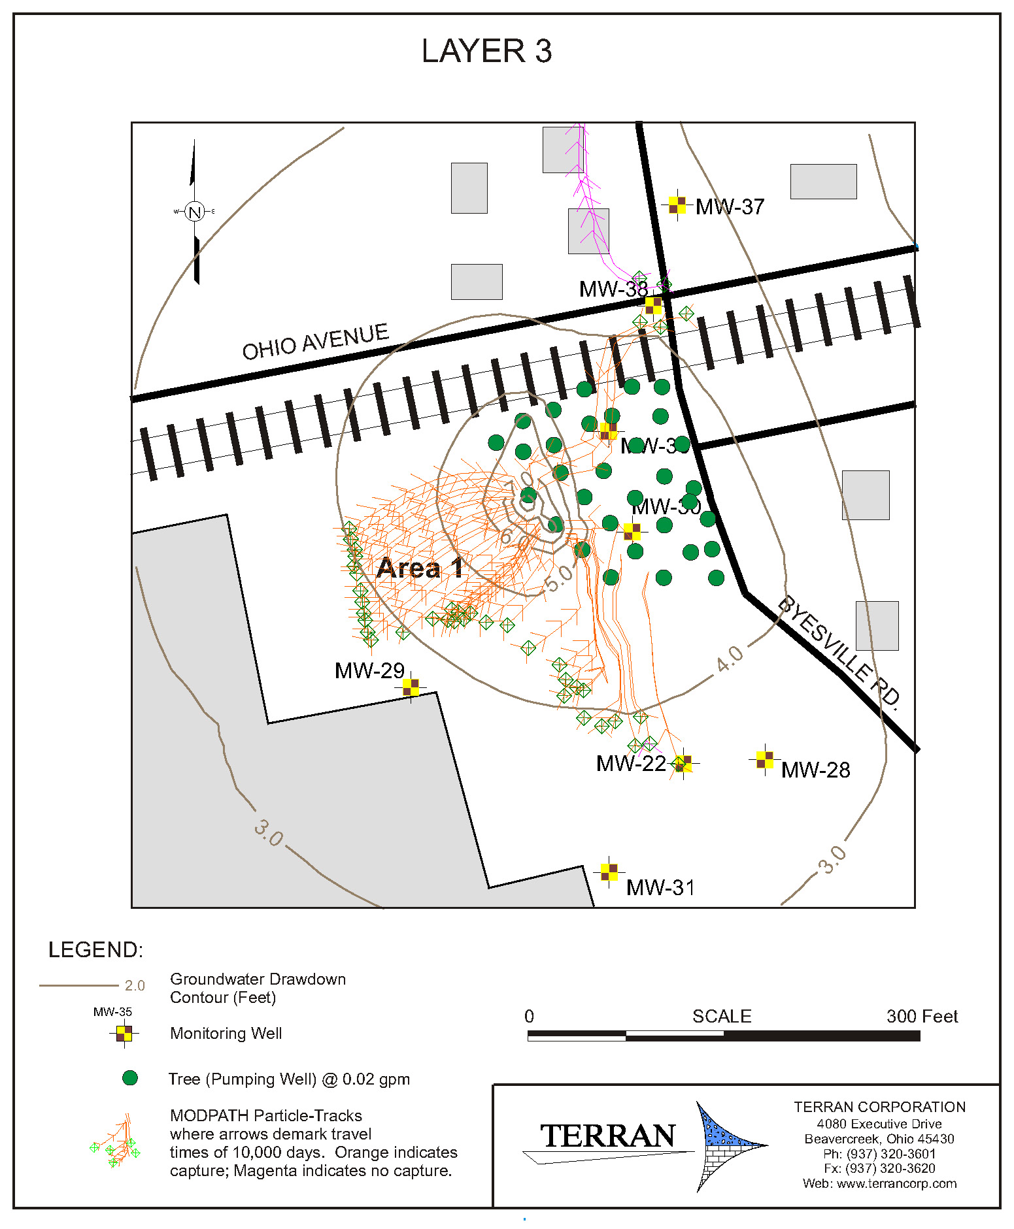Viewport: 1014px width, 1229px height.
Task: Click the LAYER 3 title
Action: coord(486,51)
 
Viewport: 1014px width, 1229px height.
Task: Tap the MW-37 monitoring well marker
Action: coord(677,205)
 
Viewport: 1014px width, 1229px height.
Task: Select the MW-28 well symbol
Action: coord(764,759)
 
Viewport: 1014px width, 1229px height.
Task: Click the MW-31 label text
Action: coord(660,887)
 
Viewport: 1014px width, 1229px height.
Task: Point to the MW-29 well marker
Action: coord(411,687)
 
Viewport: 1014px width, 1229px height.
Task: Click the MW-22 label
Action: coord(630,763)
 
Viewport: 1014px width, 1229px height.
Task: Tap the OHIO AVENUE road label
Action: coord(315,342)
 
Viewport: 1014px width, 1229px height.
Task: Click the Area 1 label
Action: coord(420,568)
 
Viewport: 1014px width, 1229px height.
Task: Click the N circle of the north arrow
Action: coord(194,212)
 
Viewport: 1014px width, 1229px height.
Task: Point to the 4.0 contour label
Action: coord(730,658)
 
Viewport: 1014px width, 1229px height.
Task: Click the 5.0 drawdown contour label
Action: coord(558,578)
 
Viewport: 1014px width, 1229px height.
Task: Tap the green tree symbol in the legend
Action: coord(130,1078)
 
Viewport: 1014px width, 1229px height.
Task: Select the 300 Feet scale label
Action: coord(922,1016)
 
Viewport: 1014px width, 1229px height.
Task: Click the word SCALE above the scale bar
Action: coord(722,1016)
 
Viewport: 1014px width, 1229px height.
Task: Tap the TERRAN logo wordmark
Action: coord(607,1136)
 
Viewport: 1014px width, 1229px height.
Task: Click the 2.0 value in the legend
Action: coord(135,985)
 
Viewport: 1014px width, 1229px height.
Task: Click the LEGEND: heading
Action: coord(95,949)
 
